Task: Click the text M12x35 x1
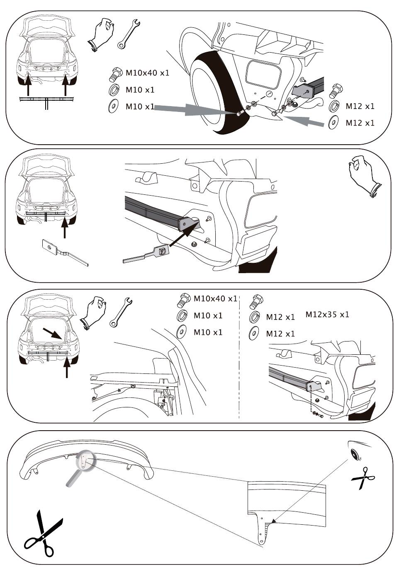click(327, 315)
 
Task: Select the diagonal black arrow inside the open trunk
click(52, 334)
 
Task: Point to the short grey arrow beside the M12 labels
click(304, 121)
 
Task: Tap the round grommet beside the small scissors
click(355, 455)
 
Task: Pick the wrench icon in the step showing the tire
click(129, 34)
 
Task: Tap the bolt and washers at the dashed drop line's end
click(318, 414)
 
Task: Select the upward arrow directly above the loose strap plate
click(65, 228)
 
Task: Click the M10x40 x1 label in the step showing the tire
click(147, 73)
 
